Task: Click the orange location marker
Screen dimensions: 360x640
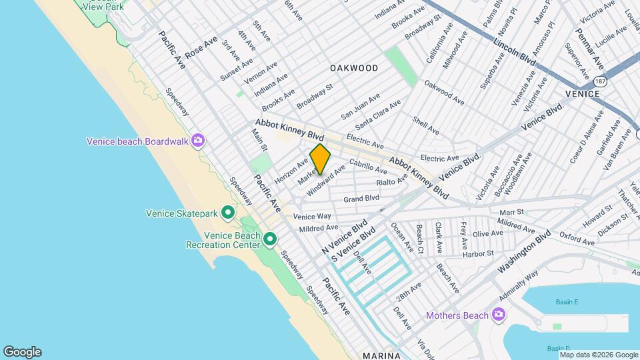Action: tap(320, 159)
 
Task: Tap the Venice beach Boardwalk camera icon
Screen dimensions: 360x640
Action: tap(197, 140)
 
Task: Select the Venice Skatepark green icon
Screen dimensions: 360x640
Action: tap(228, 213)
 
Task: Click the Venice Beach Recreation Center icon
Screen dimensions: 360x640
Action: tap(270, 239)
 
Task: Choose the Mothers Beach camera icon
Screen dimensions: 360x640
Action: tap(497, 314)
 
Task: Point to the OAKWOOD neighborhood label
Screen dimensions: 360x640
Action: tap(354, 68)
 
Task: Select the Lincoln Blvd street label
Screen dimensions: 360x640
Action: tap(515, 52)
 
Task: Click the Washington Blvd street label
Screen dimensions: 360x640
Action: tap(524, 253)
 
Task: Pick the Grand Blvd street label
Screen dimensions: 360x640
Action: tap(361, 199)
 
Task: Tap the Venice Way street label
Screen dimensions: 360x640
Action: tap(312, 217)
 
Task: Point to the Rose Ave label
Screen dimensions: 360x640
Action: tap(201, 47)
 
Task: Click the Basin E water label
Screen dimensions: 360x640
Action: tap(567, 302)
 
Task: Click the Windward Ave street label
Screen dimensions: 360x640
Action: tap(325, 181)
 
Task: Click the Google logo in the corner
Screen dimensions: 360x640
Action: tap(22, 352)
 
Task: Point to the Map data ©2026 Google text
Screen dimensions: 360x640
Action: tap(598, 355)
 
